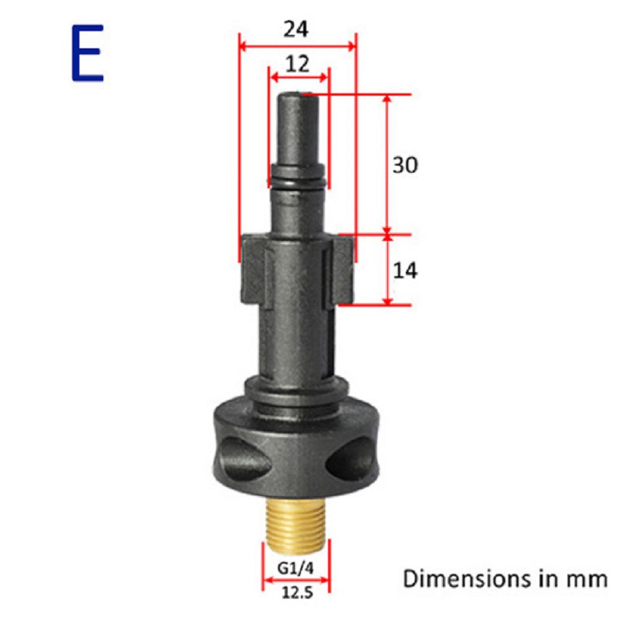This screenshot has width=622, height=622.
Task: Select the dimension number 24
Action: click(x=296, y=29)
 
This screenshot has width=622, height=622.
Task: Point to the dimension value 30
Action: click(x=404, y=165)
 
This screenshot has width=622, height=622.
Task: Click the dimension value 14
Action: click(x=404, y=271)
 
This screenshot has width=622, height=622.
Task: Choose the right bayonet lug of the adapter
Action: click(x=342, y=269)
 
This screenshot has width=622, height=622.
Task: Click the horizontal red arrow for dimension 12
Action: click(x=299, y=76)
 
